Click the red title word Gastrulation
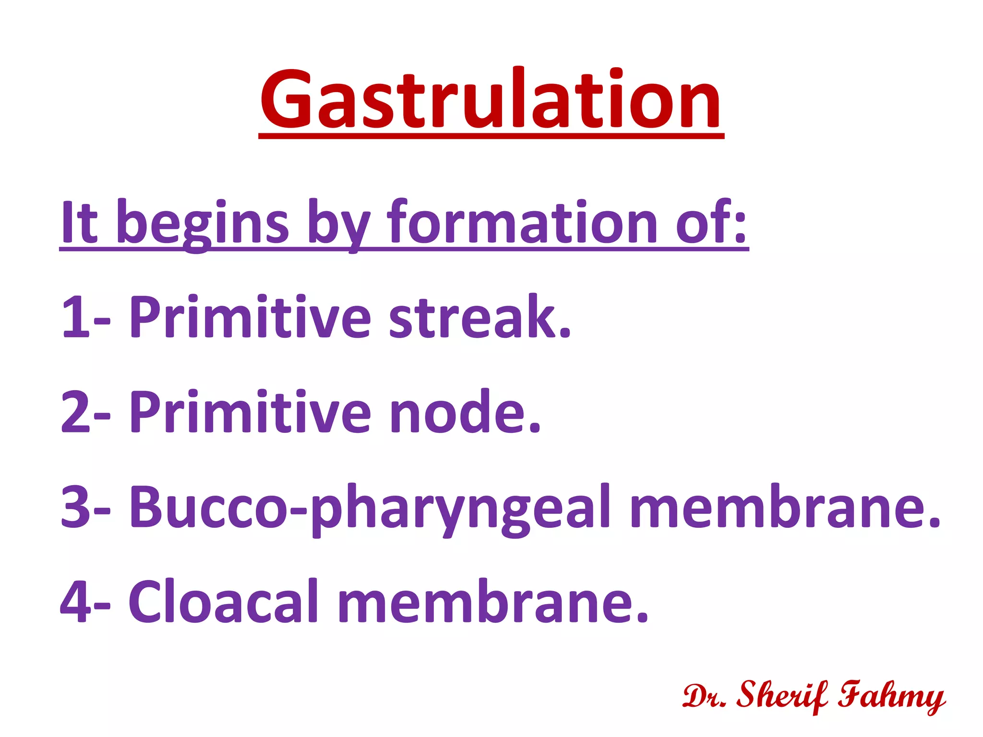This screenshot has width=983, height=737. tap(491, 100)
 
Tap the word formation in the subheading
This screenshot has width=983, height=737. tap(522, 222)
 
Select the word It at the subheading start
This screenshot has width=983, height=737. tap(79, 222)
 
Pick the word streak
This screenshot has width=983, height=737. tap(480, 317)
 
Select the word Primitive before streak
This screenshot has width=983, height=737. tap(250, 317)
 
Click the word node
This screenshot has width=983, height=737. tap(465, 412)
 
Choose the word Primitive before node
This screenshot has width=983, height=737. tap(250, 412)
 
